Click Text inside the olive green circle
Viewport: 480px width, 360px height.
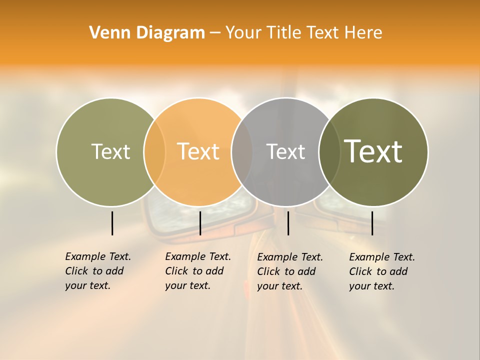pyautogui.click(x=110, y=151)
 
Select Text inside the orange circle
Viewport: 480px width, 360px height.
pyautogui.click(x=198, y=151)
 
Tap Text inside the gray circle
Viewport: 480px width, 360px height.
pyautogui.click(x=285, y=151)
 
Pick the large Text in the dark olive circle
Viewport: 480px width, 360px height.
pyautogui.click(x=373, y=151)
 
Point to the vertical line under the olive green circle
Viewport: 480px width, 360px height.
pyautogui.click(x=112, y=223)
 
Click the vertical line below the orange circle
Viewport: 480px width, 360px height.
pyautogui.click(x=200, y=223)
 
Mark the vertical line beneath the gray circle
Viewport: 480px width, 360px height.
pyautogui.click(x=288, y=223)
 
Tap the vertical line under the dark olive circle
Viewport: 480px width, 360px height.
pyautogui.click(x=372, y=223)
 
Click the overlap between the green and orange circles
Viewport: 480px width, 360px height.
pyautogui.click(x=154, y=151)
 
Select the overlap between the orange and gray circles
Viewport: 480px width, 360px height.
pyautogui.click(x=242, y=151)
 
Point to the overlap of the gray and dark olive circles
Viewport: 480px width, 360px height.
pyautogui.click(x=329, y=151)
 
